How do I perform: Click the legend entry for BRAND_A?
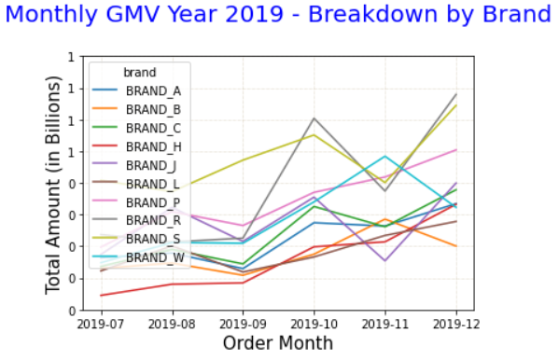pyautogui.click(x=153, y=90)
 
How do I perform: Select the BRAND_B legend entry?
pyautogui.click(x=153, y=109)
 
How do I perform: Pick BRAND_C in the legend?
pyautogui.click(x=153, y=128)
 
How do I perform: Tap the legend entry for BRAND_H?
pyautogui.click(x=153, y=146)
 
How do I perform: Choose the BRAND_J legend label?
pyautogui.click(x=151, y=165)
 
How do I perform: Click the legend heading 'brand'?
pyautogui.click(x=139, y=72)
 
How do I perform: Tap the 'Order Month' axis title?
pyautogui.click(x=278, y=343)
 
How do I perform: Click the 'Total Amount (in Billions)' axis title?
pyautogui.click(x=54, y=183)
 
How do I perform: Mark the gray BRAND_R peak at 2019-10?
pyautogui.click(x=314, y=118)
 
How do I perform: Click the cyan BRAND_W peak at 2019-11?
pyautogui.click(x=384, y=156)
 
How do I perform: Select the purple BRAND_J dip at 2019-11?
pyautogui.click(x=384, y=260)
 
